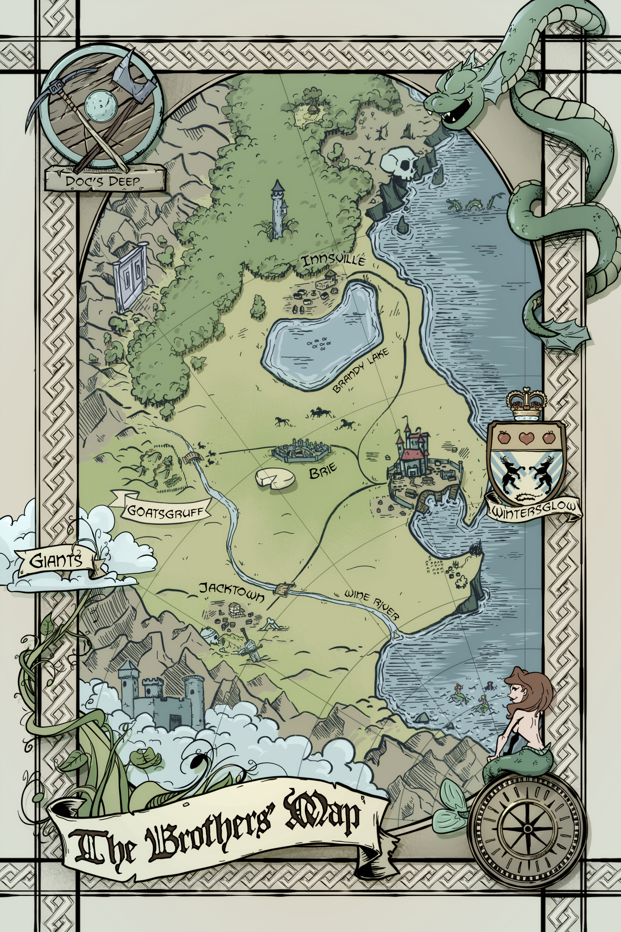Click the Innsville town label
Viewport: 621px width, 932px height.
(x=333, y=261)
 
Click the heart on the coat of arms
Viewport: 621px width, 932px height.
(x=526, y=438)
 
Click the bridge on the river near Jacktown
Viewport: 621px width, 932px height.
(x=284, y=588)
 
